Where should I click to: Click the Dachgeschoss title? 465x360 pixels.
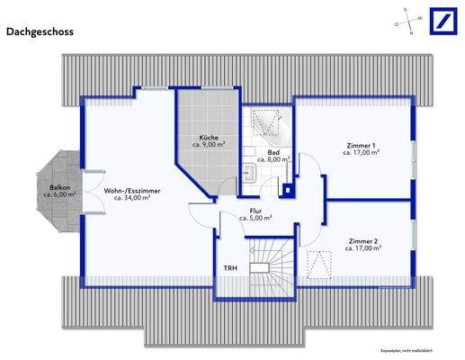pos(40,31)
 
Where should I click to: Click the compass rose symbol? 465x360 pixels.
pos(405,22)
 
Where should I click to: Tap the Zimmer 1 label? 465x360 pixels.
pos(361,145)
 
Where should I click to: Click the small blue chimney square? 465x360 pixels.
pos(288,189)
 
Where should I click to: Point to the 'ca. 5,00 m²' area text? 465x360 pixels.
pos(255,218)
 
